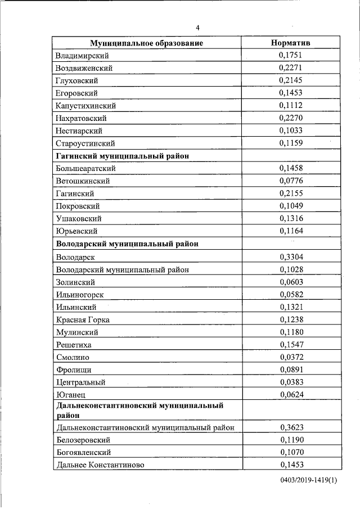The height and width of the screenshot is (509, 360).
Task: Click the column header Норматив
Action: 290,43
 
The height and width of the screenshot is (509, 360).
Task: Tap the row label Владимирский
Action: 82,56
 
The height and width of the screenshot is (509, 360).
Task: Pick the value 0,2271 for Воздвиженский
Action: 291,68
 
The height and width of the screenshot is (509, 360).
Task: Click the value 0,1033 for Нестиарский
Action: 291,130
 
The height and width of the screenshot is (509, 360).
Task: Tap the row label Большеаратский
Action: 86,168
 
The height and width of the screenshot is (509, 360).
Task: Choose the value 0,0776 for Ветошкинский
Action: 291,181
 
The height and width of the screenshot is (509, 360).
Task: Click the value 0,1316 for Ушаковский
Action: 291,218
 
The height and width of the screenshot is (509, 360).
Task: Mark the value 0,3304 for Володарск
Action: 291,256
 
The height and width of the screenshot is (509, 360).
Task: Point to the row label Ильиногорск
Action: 80,294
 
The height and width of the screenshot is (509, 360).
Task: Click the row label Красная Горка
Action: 83,319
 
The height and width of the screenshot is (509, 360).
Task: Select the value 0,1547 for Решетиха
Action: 291,344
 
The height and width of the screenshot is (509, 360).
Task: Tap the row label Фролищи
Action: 74,370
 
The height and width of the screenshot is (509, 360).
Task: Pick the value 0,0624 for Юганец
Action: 291,394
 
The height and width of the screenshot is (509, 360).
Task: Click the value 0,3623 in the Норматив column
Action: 291,427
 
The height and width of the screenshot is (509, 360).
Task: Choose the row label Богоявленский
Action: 83,452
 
